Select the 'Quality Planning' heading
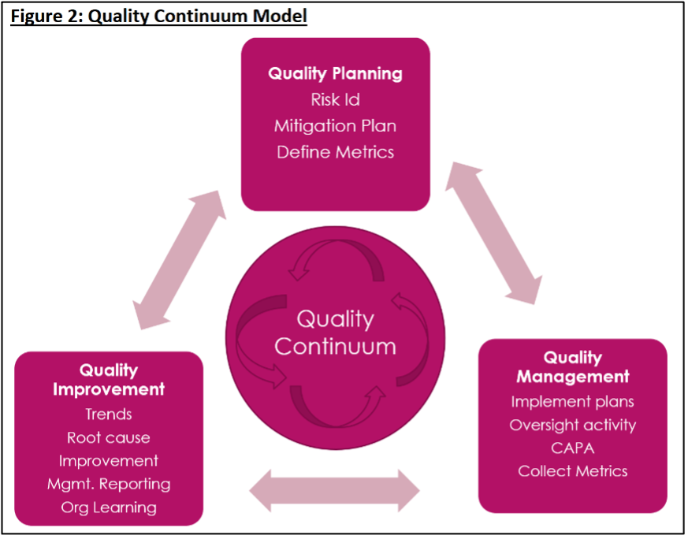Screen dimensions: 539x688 point(335,74)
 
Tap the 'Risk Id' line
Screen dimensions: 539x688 point(335,100)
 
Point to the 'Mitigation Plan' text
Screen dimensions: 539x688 point(335,126)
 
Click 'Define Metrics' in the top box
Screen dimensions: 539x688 point(335,152)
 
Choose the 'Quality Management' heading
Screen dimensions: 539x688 point(573,367)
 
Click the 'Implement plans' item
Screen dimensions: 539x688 point(573,402)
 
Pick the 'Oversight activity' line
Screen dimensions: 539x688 point(573,426)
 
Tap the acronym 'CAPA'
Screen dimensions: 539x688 point(573,448)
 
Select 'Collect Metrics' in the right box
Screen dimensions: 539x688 point(573,471)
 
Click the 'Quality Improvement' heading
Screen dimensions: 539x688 point(109,380)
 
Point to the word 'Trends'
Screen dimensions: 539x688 point(109,414)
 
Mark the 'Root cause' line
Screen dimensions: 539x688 point(109,438)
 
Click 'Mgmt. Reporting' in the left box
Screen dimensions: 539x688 point(109,484)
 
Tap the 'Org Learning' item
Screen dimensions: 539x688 point(109,507)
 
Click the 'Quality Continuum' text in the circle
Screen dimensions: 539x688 point(335,333)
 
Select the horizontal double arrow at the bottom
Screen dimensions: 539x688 point(335,491)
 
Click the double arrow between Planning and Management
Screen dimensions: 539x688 point(494,233)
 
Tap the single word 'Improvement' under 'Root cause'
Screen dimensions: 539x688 point(109,461)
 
